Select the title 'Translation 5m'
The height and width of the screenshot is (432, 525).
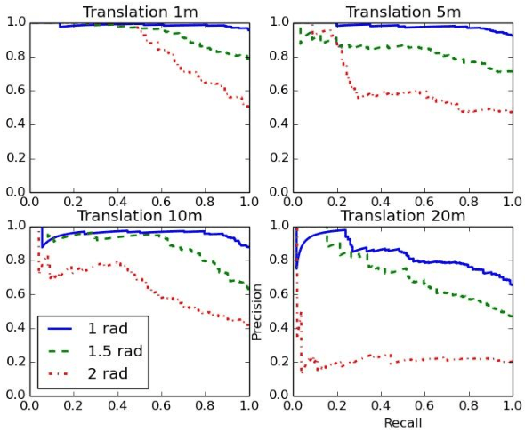coord(403,12)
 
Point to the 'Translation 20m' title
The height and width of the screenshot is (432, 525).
coord(403,216)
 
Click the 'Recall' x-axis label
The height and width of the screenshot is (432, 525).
coord(403,422)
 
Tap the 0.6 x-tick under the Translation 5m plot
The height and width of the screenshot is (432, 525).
coord(425,203)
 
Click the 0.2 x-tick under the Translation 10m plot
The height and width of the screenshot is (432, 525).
coord(75,406)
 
